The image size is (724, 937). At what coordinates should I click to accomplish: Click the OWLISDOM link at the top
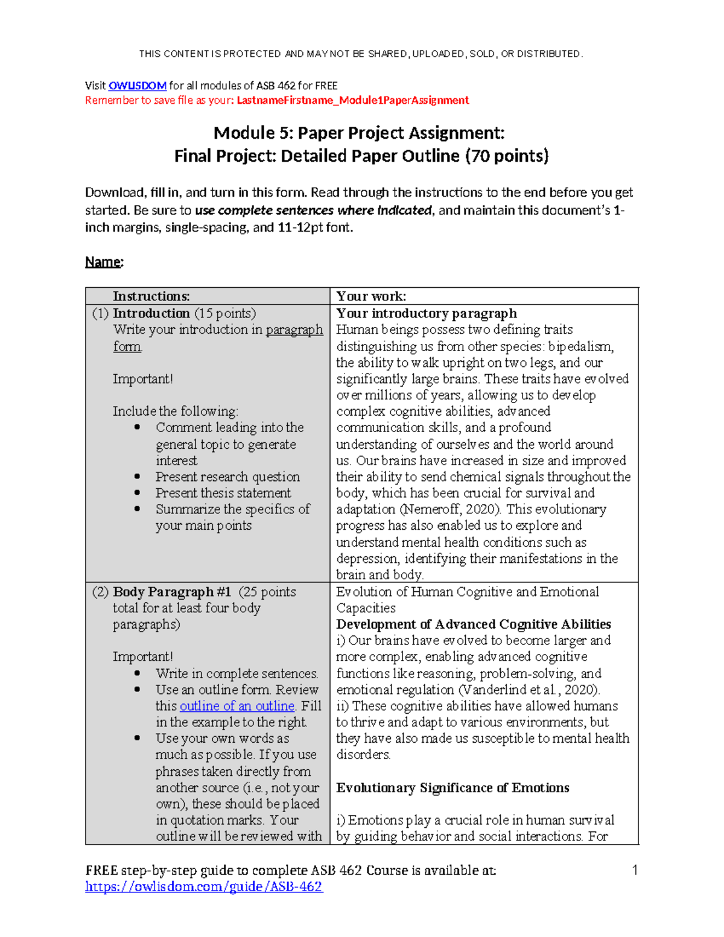click(x=137, y=86)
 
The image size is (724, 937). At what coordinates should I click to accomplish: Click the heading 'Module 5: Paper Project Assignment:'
click(x=359, y=133)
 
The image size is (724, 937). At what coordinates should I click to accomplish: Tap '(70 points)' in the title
click(x=507, y=156)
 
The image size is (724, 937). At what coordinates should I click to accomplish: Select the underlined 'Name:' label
click(x=104, y=262)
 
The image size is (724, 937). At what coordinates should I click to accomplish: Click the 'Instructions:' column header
click(x=151, y=296)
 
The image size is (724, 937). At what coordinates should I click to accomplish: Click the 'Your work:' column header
click(x=371, y=296)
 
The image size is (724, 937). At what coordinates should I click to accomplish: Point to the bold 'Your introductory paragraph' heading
click(x=426, y=313)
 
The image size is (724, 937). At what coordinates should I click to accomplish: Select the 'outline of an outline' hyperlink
click(x=237, y=706)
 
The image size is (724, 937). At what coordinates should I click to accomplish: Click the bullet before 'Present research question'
click(x=138, y=477)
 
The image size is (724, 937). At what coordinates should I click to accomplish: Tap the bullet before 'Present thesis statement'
click(x=138, y=493)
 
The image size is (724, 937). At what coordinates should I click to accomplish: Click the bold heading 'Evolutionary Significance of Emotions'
click(x=453, y=788)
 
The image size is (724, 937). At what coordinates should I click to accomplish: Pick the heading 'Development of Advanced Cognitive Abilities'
click(x=474, y=624)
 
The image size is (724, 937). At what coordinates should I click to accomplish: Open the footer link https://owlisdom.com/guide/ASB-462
click(x=204, y=886)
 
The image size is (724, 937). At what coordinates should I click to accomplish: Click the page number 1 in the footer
click(x=635, y=870)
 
